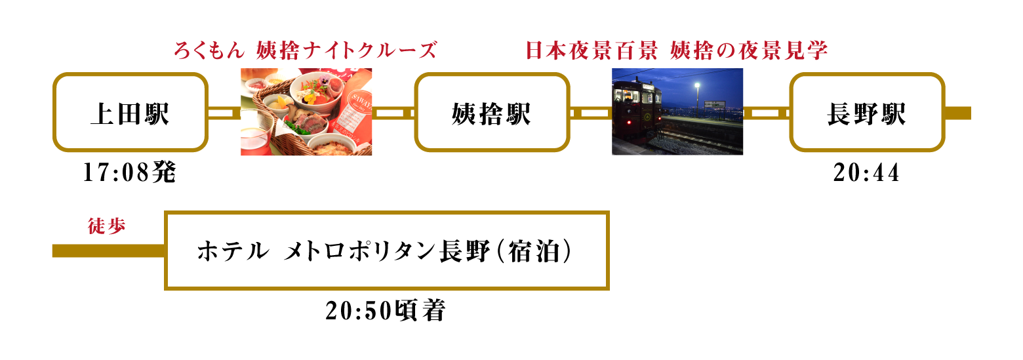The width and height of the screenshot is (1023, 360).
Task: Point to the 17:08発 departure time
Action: pos(130,172)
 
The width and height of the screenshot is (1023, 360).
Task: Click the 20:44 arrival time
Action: pos(866,172)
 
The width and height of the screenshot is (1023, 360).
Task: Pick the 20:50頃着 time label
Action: pos(386,311)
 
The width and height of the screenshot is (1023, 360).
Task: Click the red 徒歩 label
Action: pos(106,226)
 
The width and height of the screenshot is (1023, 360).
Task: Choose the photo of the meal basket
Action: pos(306,112)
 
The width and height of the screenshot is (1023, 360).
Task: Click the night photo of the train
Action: pos(677,112)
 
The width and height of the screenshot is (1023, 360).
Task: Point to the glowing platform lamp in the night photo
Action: pos(697,85)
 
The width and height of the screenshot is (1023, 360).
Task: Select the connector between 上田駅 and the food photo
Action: pos(225,112)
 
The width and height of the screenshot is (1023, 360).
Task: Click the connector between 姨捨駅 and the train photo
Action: pos(591,112)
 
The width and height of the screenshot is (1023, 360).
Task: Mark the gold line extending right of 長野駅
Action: pos(957,113)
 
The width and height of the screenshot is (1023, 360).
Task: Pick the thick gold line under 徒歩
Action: pos(109,250)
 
